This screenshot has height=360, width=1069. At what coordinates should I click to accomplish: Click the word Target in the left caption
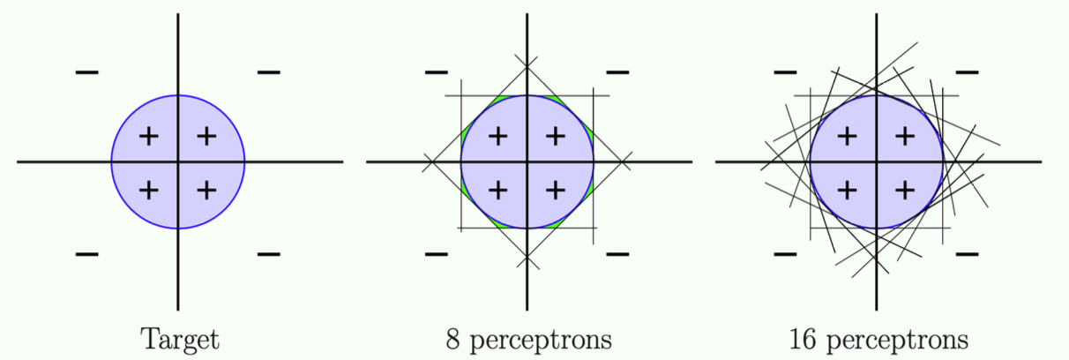point(181,339)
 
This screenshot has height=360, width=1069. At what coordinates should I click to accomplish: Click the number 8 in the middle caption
point(454,339)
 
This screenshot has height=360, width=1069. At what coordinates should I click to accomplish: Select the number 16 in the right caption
point(806,339)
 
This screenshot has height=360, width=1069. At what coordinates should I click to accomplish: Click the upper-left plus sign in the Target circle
point(149,136)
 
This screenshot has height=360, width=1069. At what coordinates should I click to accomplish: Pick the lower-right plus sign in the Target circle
point(206,189)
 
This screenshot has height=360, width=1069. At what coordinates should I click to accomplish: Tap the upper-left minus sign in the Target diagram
point(86,71)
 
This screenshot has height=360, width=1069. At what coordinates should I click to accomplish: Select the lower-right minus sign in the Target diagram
point(268,254)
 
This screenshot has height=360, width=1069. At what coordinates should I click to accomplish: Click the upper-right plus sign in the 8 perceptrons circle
point(555,136)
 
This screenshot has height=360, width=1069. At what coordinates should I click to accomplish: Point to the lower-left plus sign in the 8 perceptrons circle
point(497,189)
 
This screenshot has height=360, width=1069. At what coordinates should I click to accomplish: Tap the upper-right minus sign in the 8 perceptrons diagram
point(617,71)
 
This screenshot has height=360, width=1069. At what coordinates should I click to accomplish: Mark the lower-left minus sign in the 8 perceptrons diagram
point(436,254)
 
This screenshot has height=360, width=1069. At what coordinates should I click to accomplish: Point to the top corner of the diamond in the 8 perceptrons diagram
point(527,65)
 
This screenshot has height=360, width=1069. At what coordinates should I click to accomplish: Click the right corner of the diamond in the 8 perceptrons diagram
point(624,161)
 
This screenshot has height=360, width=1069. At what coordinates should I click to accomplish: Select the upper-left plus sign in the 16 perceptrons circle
point(847,136)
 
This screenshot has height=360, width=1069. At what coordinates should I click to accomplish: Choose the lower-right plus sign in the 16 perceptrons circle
point(904,189)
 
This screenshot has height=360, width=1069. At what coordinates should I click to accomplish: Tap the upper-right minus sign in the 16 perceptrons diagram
point(967,71)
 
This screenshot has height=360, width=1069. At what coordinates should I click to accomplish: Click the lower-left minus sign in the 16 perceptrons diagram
point(785,254)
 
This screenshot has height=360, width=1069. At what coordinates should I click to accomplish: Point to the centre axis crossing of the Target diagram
point(178,161)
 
